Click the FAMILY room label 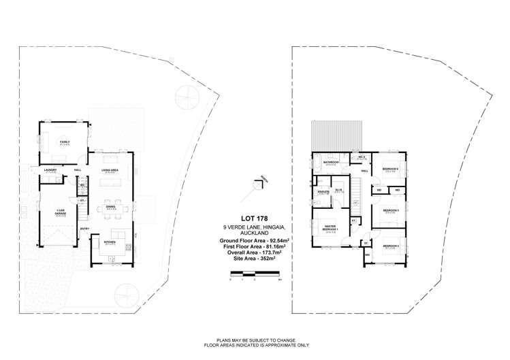coord(64,142)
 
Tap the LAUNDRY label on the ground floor coord(49,169)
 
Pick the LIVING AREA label coord(110,169)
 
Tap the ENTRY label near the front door coord(84,229)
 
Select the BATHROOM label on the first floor coord(332,162)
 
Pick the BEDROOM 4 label coord(389,168)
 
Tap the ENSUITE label coord(323,192)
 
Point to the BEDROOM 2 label coord(389,246)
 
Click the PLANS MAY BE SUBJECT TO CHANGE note coord(254,342)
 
